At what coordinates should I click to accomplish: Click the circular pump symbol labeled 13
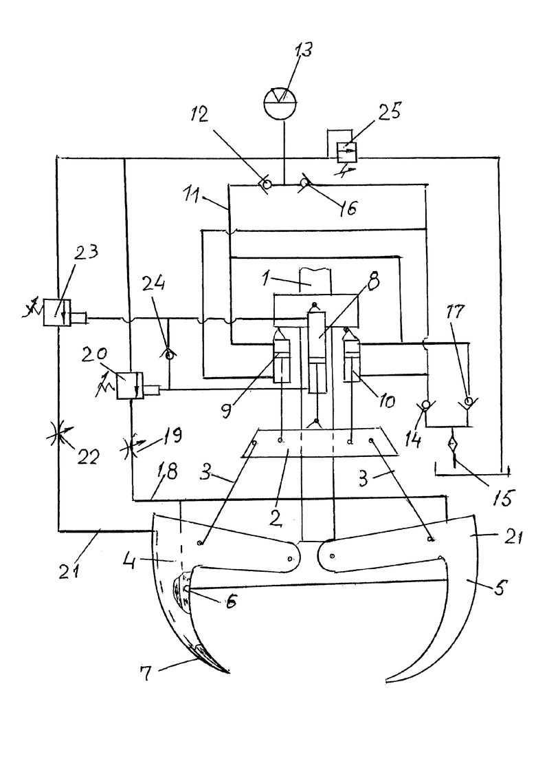280,102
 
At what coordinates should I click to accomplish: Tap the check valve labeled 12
266,185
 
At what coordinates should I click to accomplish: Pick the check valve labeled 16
304,184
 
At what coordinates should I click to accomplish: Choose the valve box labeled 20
130,385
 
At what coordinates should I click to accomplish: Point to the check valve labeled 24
168,356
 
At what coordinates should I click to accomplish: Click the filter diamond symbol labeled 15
452,445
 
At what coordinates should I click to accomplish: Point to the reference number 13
302,50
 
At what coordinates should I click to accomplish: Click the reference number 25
388,111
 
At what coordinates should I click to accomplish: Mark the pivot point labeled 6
186,588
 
